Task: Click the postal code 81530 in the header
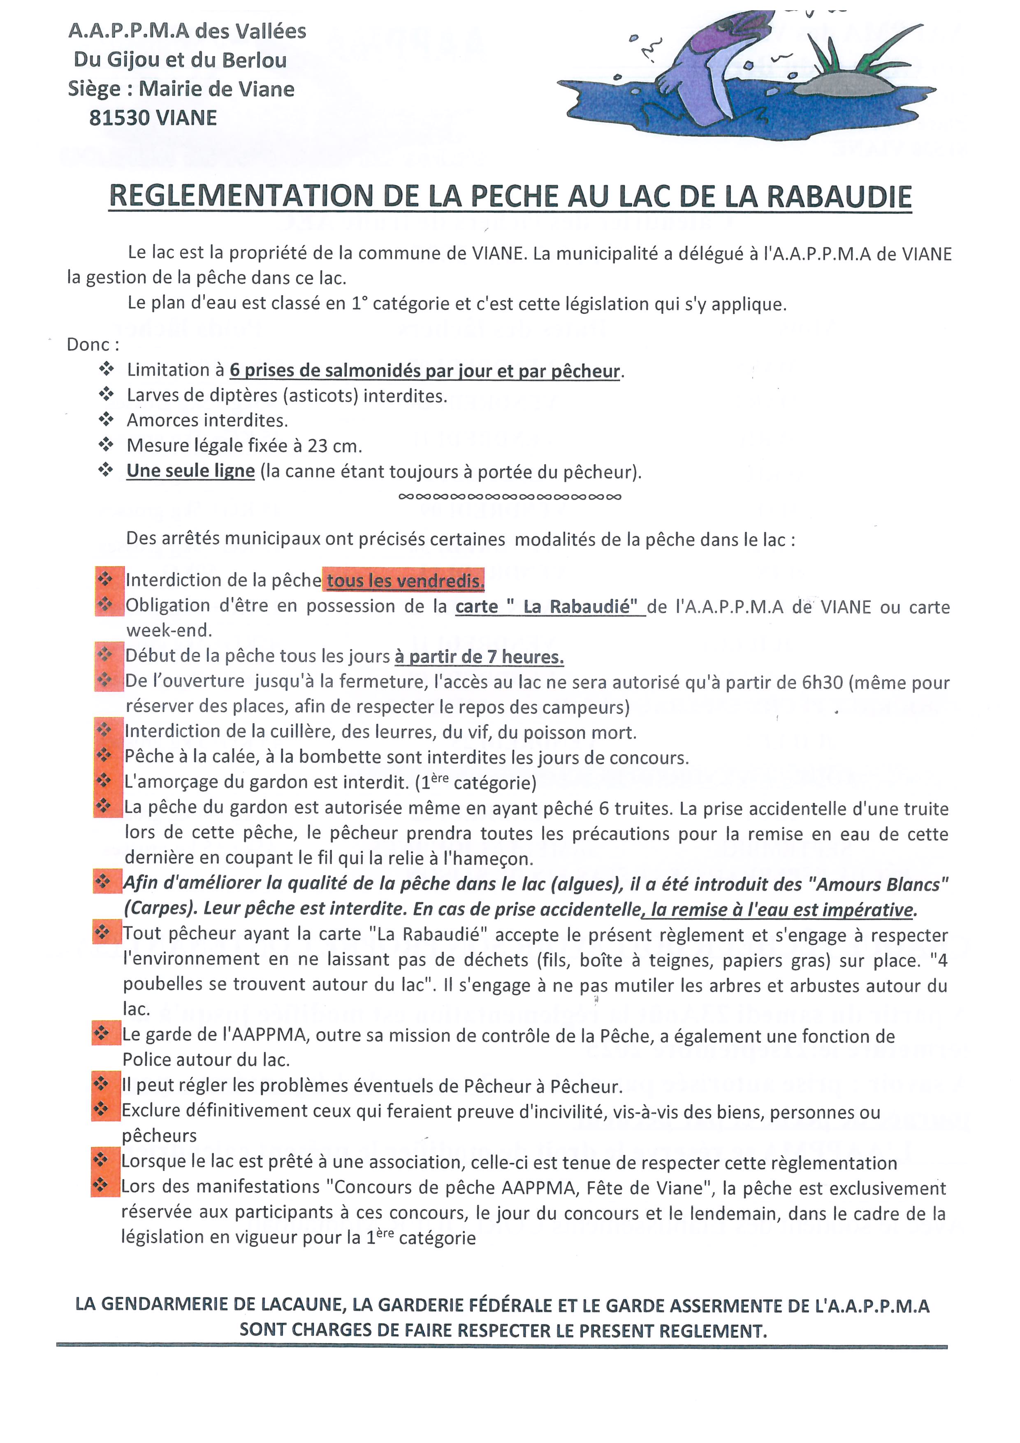click(x=118, y=118)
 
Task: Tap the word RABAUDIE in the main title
click(x=839, y=197)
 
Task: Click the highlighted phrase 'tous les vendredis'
click(x=404, y=581)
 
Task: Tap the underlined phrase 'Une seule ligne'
click(x=190, y=471)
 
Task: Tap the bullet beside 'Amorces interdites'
click(x=106, y=419)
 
